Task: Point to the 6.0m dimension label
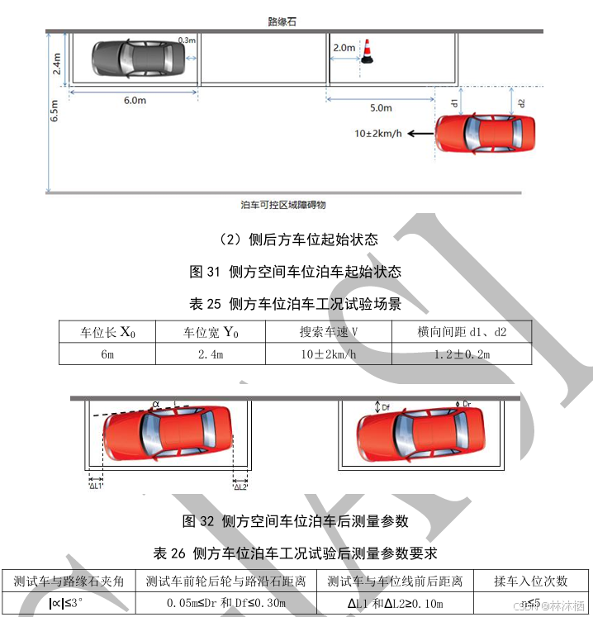135,101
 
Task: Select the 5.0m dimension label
381,108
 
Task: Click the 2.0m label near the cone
344,48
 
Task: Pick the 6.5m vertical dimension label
54,112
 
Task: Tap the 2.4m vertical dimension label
56,63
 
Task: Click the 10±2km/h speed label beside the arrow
377,133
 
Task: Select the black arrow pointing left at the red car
421,133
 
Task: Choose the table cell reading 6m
107,354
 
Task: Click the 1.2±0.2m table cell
461,354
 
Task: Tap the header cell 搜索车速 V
328,333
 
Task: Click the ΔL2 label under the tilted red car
240,486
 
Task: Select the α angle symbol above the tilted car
156,404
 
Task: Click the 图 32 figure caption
295,521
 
